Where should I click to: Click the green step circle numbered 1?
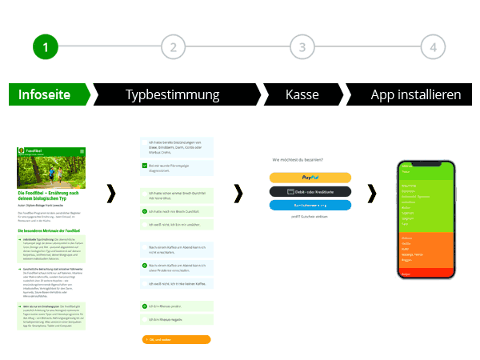click(46, 47)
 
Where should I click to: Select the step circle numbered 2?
click(173, 47)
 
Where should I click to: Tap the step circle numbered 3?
click(302, 47)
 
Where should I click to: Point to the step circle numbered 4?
click(433, 47)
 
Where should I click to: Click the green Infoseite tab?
click(45, 94)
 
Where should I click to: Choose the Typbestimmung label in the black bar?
click(173, 94)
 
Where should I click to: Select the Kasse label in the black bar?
click(302, 94)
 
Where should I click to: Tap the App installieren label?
click(416, 94)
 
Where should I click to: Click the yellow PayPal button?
click(310, 178)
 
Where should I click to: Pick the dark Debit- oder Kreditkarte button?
click(310, 192)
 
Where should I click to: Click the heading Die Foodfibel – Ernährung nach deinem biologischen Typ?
click(50, 195)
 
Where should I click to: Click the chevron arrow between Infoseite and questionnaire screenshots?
click(110, 193)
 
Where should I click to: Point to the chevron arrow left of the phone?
click(372, 193)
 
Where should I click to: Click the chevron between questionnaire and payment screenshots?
click(238, 193)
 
